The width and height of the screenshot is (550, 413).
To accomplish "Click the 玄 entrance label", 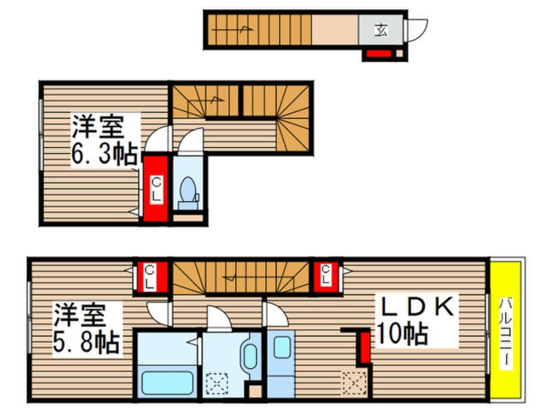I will pos(382,30).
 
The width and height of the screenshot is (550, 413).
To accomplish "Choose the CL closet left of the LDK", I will pos(326,276).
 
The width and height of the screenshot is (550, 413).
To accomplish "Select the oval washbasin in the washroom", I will pos(248,357).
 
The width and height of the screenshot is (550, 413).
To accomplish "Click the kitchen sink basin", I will pos(282,348).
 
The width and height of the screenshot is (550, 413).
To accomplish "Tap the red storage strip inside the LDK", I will pos(365,347).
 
